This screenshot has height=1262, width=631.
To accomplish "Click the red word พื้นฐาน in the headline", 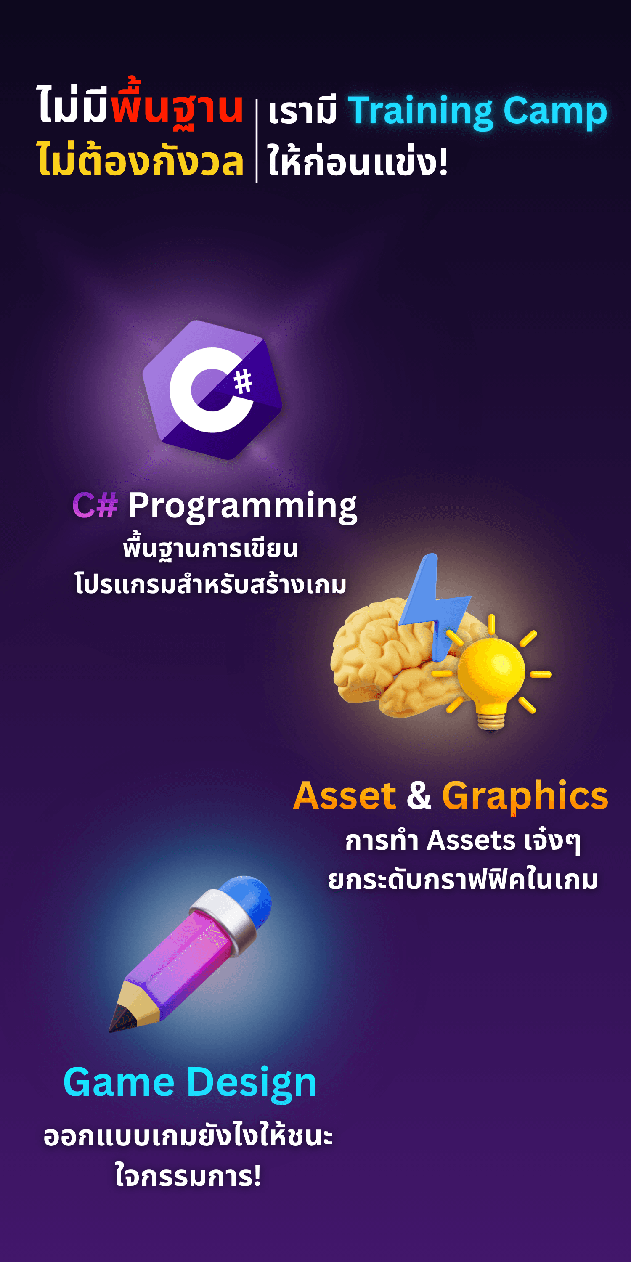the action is (177, 104).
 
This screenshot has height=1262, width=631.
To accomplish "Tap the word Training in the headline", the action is (420, 112).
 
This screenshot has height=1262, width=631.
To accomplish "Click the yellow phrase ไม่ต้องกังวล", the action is (140, 159).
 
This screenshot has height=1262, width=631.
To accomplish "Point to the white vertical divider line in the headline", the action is (257, 141).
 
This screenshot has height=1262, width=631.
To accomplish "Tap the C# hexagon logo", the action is (212, 390).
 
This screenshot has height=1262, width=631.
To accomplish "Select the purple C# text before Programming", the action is (95, 505).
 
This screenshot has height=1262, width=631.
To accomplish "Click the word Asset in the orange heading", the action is (345, 795).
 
